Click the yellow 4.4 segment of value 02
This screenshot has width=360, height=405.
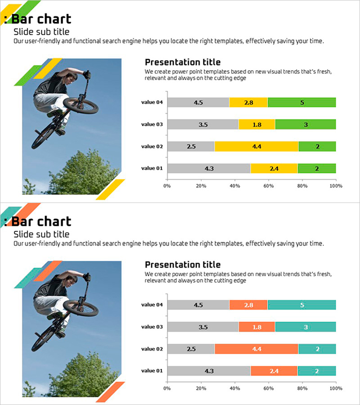click(256, 146)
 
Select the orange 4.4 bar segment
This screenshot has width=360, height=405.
click(256, 349)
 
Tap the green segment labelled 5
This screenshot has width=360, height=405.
click(302, 102)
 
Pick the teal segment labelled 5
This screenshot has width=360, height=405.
click(302, 305)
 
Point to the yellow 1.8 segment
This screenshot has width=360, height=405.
click(256, 124)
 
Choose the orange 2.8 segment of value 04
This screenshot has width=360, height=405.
click(248, 305)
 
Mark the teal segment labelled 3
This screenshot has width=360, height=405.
click(306, 327)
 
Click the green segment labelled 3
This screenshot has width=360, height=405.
click(306, 124)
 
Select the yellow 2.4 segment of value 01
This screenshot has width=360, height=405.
click(274, 168)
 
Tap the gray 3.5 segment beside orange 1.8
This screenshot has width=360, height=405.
click(203, 327)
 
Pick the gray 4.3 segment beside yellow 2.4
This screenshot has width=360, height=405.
click(209, 168)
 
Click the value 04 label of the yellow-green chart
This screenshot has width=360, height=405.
click(152, 102)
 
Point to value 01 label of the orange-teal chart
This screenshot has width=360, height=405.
click(152, 371)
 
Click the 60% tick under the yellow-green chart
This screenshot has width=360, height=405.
click(268, 185)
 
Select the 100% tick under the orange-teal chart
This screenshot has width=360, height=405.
click(336, 388)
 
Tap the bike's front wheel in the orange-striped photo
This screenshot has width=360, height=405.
click(81, 308)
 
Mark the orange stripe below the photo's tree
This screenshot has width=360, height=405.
click(110, 391)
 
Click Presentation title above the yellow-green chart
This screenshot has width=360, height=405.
click(183, 63)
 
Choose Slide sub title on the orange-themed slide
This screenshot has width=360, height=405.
click(41, 234)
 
